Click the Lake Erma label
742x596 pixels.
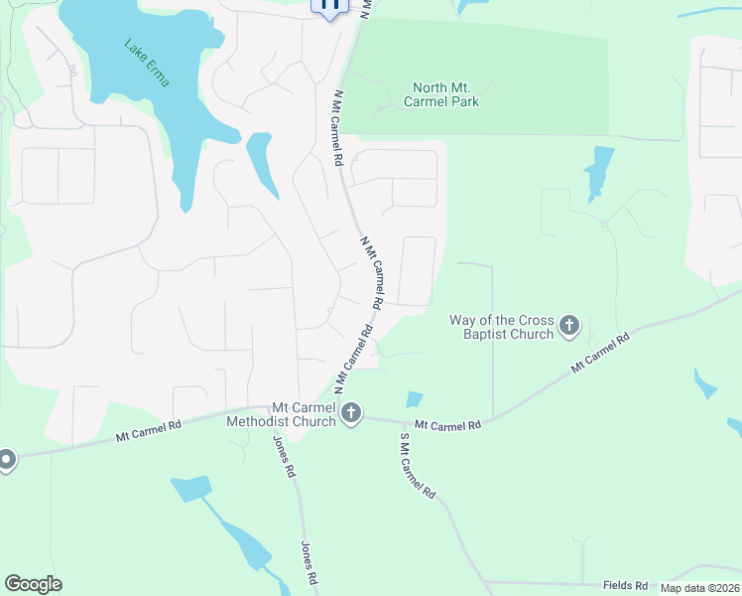[x=147, y=63]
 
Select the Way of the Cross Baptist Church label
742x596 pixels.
[x=501, y=327]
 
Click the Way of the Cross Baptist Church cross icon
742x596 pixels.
[x=569, y=325]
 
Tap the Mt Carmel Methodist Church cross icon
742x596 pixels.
[x=351, y=413]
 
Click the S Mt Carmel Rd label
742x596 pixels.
[x=418, y=465]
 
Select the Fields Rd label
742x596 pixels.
[x=625, y=586]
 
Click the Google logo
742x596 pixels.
[x=33, y=584]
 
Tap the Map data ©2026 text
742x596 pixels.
[x=700, y=587]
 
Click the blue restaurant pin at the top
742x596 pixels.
[x=330, y=5]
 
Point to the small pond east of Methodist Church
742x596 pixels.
[x=414, y=399]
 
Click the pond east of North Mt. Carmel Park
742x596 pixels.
[x=599, y=170]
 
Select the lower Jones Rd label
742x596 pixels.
[x=309, y=562]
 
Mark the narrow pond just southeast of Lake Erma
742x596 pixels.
[x=261, y=164]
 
